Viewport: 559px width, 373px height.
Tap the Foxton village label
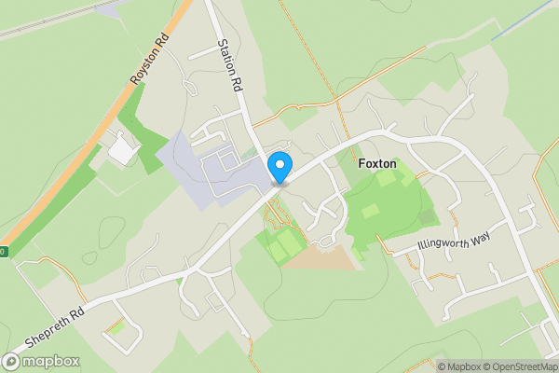point(377,164)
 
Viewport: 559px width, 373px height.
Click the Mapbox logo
point(42,362)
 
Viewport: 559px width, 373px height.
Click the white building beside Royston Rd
point(121,148)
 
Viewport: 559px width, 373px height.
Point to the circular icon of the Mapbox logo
point(12,362)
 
